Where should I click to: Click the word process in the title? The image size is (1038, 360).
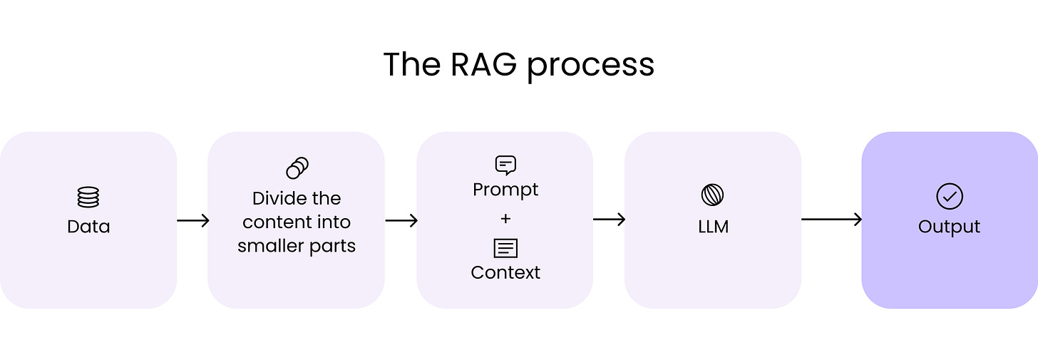click(x=590, y=66)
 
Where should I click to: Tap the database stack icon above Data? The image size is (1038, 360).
click(x=88, y=197)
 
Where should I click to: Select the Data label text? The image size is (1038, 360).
click(x=88, y=227)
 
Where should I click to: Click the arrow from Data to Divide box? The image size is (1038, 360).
click(x=192, y=220)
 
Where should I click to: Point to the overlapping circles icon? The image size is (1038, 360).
click(x=297, y=168)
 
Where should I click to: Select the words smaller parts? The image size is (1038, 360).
click(x=297, y=246)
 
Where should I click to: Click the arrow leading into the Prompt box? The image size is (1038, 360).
click(x=401, y=220)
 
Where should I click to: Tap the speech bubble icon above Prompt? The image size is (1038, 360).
click(x=505, y=165)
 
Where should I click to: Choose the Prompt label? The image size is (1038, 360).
click(x=505, y=190)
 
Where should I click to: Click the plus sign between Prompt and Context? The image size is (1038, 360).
click(x=505, y=219)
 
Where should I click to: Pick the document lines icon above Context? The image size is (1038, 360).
click(x=505, y=248)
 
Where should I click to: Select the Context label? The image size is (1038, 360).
click(x=505, y=272)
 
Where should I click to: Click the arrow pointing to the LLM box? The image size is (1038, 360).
click(x=609, y=220)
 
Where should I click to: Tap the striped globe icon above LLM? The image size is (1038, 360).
click(x=713, y=195)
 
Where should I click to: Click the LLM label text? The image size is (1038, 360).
click(x=713, y=227)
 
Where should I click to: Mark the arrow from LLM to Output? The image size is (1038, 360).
click(x=831, y=220)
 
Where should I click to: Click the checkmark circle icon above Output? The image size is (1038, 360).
click(x=950, y=197)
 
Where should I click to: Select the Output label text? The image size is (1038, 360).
click(x=950, y=227)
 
